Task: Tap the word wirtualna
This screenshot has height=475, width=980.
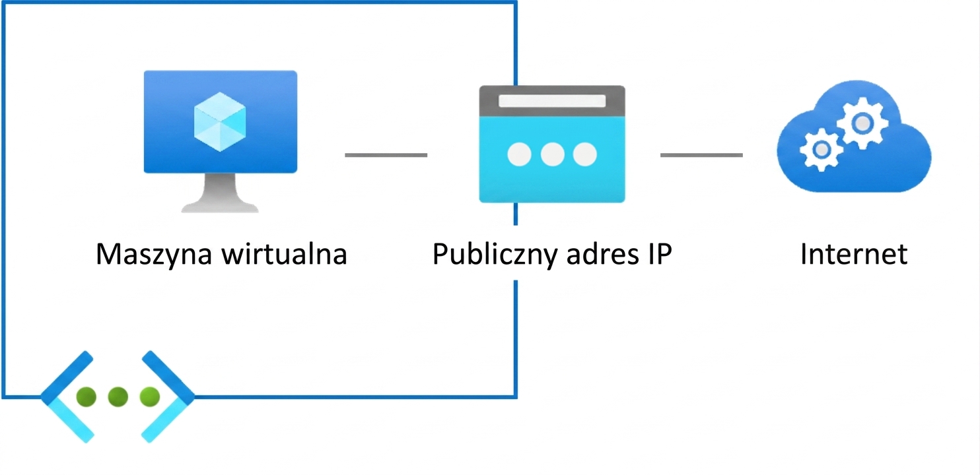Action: click(285, 253)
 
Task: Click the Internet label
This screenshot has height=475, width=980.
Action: click(854, 254)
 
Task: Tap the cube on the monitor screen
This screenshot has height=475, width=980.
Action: click(220, 122)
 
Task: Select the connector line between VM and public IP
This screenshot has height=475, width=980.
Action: click(386, 154)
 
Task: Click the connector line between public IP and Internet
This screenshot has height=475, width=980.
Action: click(701, 154)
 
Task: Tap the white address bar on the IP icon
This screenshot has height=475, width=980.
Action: click(552, 101)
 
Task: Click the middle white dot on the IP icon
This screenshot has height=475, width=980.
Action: click(552, 154)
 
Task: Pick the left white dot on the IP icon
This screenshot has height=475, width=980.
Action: click(519, 154)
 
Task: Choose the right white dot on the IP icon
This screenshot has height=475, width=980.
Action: click(585, 154)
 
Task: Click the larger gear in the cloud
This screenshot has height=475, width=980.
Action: click(862, 123)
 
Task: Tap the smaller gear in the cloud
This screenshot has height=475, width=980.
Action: click(822, 150)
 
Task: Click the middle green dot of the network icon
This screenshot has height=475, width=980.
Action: click(118, 396)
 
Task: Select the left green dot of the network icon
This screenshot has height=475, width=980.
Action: click(87, 396)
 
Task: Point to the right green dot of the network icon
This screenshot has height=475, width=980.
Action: click(150, 396)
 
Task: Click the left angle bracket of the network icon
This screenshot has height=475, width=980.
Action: click(57, 396)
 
